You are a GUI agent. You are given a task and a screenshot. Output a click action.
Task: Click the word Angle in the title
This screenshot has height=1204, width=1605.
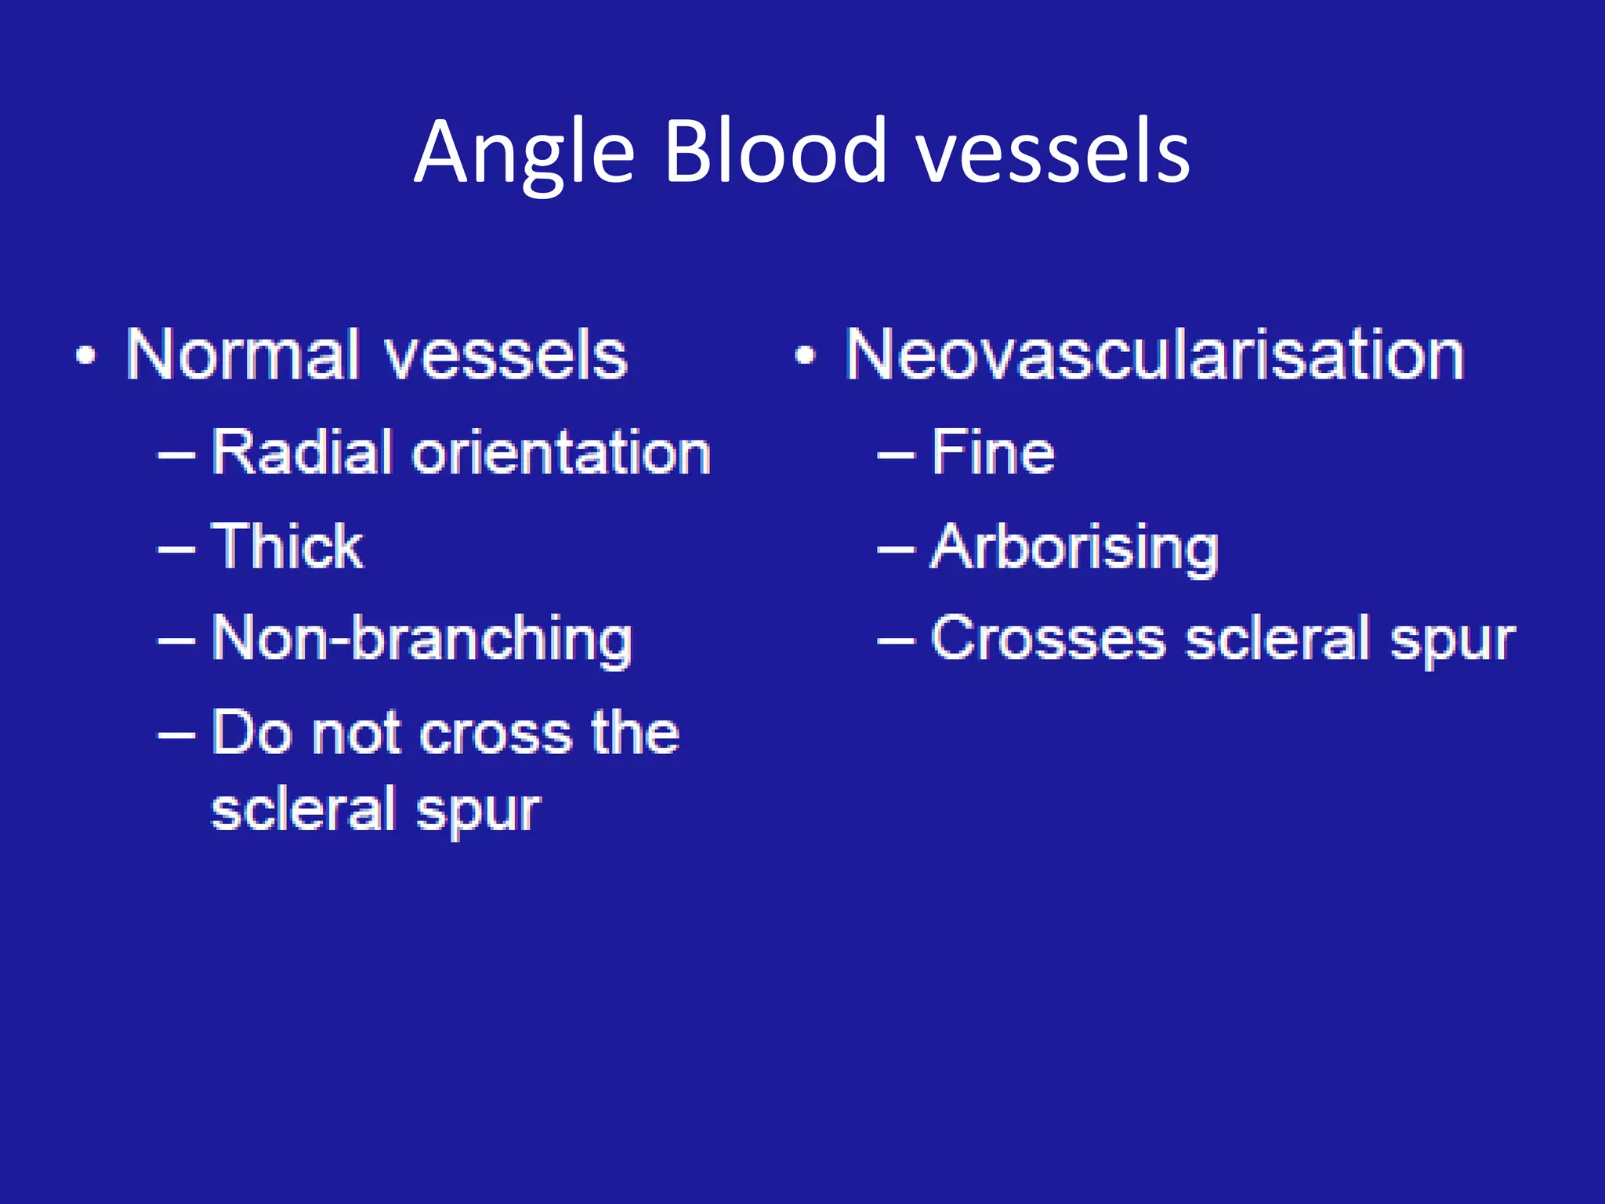click(524, 153)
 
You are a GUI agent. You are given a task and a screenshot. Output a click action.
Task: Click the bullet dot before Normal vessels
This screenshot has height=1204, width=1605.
click(86, 357)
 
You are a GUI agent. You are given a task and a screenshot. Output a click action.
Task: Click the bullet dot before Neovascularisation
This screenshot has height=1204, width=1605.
click(805, 357)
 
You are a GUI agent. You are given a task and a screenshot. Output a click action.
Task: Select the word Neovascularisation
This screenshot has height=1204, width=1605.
click(1154, 355)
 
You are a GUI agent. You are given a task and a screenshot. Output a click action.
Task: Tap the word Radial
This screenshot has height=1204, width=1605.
click(302, 453)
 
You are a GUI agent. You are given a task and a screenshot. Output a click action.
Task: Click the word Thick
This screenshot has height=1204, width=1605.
click(287, 546)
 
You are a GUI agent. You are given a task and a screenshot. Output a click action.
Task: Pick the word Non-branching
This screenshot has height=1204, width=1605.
click(422, 639)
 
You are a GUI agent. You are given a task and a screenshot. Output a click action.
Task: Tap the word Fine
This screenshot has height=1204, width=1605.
click(992, 453)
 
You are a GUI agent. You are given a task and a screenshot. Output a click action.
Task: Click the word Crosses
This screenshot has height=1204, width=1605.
click(1048, 639)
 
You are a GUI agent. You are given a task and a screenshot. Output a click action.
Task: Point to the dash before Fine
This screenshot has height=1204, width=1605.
click(895, 455)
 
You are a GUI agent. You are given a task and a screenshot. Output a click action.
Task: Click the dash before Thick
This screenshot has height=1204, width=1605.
click(176, 549)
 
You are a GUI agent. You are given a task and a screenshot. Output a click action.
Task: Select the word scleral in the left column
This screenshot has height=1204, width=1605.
click(303, 810)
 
